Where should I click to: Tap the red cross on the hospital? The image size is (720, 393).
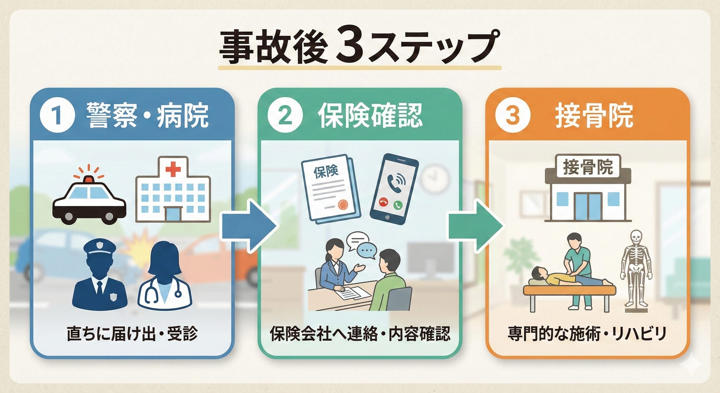click(173, 168)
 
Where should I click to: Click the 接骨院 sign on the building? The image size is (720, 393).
click(588, 167)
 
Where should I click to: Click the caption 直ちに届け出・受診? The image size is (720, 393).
click(132, 333)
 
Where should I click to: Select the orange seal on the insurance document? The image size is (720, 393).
click(343, 205)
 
